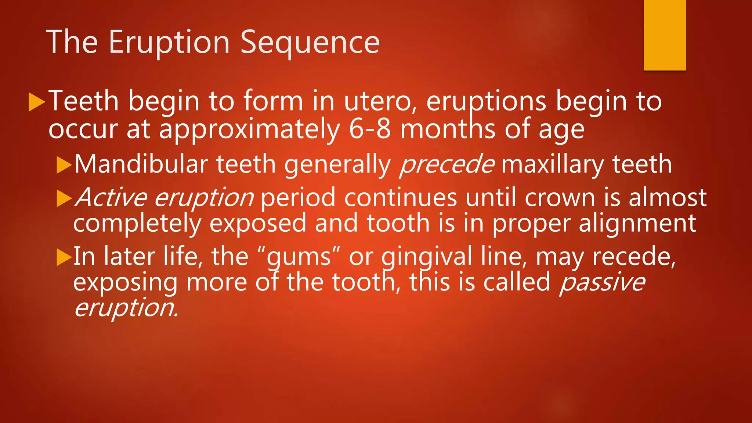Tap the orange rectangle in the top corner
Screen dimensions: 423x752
coord(665,35)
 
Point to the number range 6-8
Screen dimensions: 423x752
coord(370,129)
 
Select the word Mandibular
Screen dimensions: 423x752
coord(141,164)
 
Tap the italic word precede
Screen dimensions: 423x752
coord(447,164)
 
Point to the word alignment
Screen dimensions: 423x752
coord(637,223)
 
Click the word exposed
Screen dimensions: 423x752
coord(258,223)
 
